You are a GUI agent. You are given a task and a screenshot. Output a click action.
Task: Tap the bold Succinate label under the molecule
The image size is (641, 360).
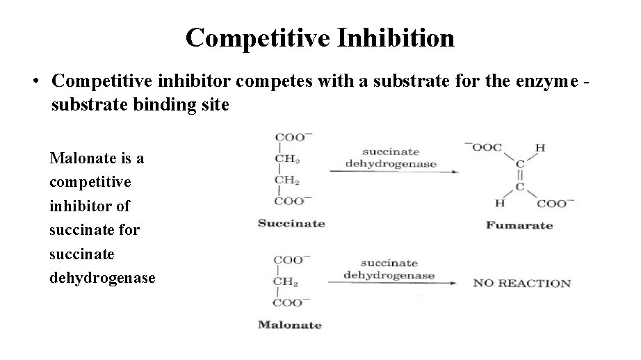[x=291, y=224]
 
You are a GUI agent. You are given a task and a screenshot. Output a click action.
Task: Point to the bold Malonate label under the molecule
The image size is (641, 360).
[x=290, y=325]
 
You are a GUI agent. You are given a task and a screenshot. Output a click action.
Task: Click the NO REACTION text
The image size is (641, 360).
[x=521, y=284]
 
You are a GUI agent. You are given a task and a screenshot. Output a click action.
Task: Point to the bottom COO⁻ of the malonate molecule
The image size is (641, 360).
[x=290, y=302]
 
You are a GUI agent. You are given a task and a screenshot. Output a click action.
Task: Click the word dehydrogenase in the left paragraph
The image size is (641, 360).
[x=103, y=277]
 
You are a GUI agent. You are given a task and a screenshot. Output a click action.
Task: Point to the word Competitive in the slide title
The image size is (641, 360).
[x=260, y=38]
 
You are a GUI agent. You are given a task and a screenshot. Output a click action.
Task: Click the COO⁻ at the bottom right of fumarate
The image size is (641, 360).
[x=556, y=203]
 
